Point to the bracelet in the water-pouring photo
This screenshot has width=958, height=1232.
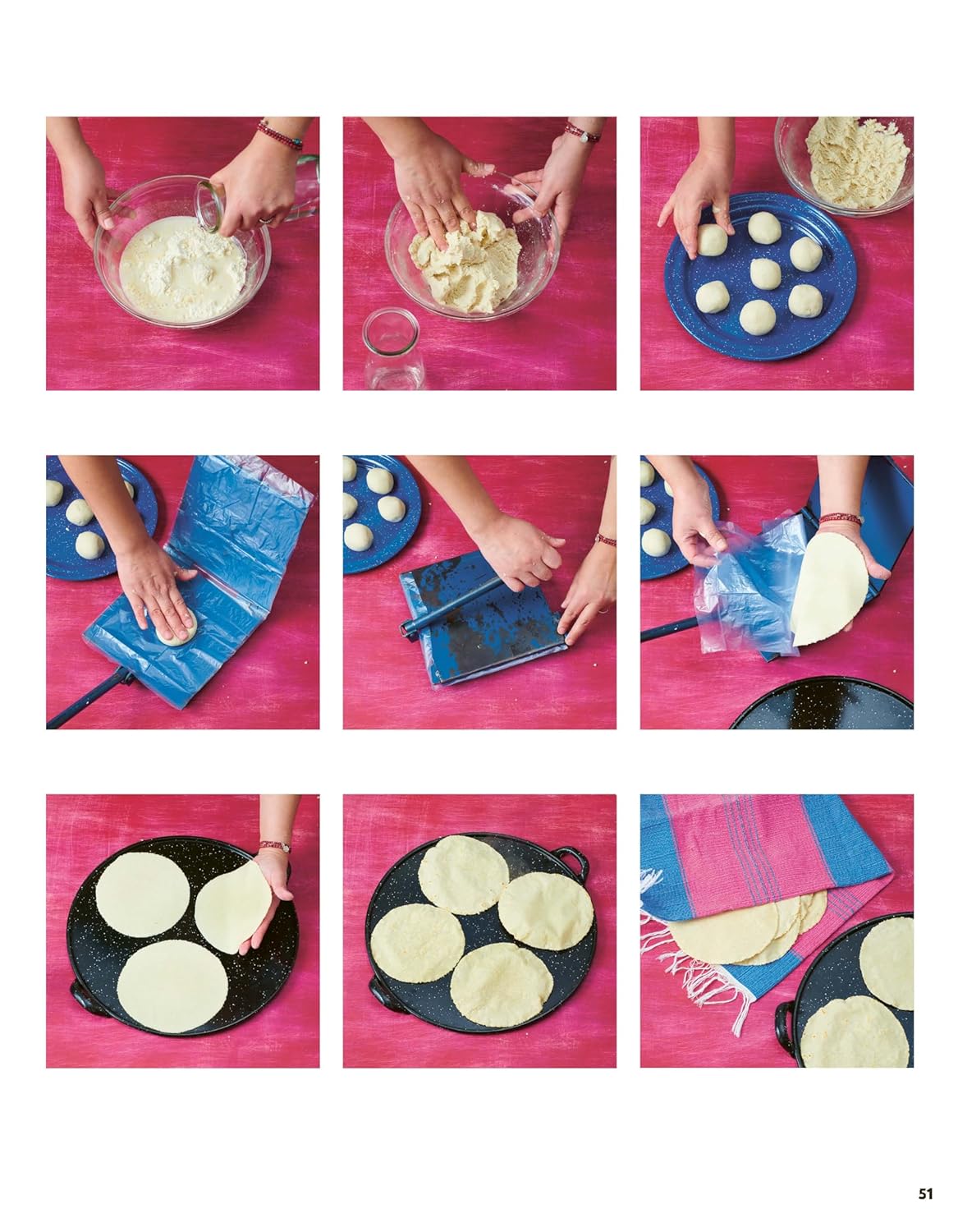(x=280, y=135)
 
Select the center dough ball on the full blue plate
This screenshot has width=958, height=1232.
(x=765, y=274)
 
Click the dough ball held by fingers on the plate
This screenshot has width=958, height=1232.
(x=711, y=239)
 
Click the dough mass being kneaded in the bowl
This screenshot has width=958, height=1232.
(x=465, y=261)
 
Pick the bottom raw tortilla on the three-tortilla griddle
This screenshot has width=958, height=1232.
(x=172, y=986)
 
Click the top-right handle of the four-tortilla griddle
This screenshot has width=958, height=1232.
(x=572, y=863)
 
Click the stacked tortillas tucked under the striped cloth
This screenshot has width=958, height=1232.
(x=748, y=929)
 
